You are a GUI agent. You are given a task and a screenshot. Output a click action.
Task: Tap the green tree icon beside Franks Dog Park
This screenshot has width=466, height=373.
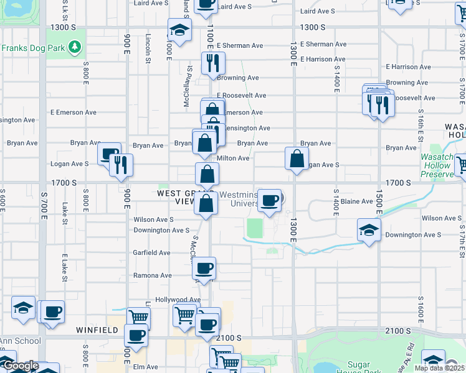(x=75, y=47)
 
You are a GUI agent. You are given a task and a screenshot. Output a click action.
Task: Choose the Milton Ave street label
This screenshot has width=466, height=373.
(x=233, y=158)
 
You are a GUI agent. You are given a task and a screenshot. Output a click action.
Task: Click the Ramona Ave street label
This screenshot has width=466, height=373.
(x=153, y=275)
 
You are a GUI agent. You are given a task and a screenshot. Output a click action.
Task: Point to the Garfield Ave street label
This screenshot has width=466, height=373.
(x=151, y=252)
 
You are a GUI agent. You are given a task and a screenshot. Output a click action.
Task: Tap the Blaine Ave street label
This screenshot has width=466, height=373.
(x=357, y=201)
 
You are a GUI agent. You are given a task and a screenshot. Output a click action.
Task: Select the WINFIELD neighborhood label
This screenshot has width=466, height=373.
(x=97, y=330)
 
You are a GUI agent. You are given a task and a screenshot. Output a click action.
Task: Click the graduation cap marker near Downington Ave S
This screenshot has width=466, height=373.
(x=369, y=229)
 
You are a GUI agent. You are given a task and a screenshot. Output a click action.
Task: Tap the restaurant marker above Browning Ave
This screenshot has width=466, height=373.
(x=212, y=63)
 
